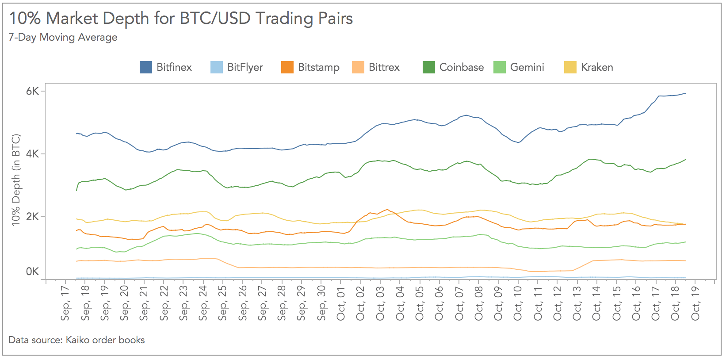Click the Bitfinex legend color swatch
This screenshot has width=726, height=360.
(x=146, y=67)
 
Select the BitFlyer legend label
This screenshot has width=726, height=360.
(x=245, y=67)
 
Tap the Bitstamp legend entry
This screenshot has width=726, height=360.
(x=318, y=67)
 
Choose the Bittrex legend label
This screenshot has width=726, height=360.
(x=384, y=67)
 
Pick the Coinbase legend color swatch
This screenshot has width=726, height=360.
(x=429, y=67)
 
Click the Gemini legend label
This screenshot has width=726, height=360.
(x=527, y=67)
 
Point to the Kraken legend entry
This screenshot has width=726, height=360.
(x=596, y=67)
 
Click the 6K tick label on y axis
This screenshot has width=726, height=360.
(x=32, y=91)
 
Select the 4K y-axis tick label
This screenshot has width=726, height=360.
(x=32, y=154)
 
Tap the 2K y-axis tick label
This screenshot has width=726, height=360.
(x=32, y=217)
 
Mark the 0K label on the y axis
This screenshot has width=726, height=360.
(x=32, y=272)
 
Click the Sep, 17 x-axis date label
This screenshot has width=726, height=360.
(x=65, y=303)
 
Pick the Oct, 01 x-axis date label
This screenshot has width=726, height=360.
(x=341, y=303)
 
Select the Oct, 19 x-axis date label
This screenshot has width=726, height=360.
(x=695, y=303)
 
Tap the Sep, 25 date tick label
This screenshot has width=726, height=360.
(x=223, y=303)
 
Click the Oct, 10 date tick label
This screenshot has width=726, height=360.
(x=518, y=303)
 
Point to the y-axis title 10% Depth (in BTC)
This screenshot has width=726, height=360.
(x=16, y=180)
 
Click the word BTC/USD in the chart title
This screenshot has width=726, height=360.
(x=216, y=19)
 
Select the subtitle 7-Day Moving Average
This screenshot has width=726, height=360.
(x=63, y=37)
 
